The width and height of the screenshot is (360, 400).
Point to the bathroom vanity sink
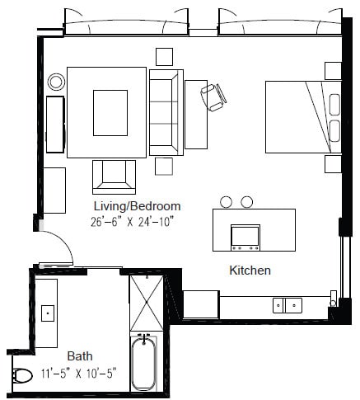(x=48, y=313)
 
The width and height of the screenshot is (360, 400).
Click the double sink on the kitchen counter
(x=287, y=304)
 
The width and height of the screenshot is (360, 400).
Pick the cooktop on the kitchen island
(x=246, y=236)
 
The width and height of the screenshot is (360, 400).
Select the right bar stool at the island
(x=246, y=201)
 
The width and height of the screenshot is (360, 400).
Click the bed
(x=300, y=116)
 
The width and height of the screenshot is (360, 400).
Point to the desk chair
(x=214, y=96)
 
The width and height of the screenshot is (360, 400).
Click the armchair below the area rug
(x=114, y=175)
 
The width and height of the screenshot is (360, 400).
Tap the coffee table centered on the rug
(x=110, y=111)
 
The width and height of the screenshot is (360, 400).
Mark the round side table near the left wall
(x=56, y=82)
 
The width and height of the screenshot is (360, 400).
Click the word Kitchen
(x=250, y=270)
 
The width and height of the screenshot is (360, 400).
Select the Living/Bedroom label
(x=135, y=206)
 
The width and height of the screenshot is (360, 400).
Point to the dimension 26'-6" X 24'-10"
(x=135, y=221)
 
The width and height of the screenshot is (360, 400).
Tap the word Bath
(x=79, y=357)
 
